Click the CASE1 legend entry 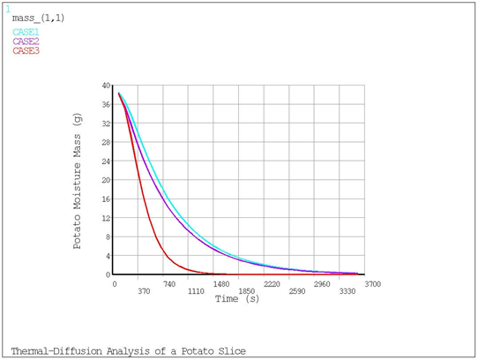pyautogui.click(x=26, y=33)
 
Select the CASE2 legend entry pyautogui.click(x=26, y=41)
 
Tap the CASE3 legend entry pyautogui.click(x=26, y=50)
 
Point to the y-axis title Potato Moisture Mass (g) pyautogui.click(x=78, y=181)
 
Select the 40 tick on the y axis pyautogui.click(x=106, y=86)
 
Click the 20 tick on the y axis pyautogui.click(x=106, y=180)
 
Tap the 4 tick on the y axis pyautogui.click(x=108, y=256)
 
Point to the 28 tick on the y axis pyautogui.click(x=106, y=142)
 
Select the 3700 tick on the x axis pyautogui.click(x=371, y=284)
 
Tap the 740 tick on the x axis pyautogui.click(x=170, y=285)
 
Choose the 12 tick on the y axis pyautogui.click(x=106, y=218)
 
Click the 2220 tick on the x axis pyautogui.click(x=271, y=285)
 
